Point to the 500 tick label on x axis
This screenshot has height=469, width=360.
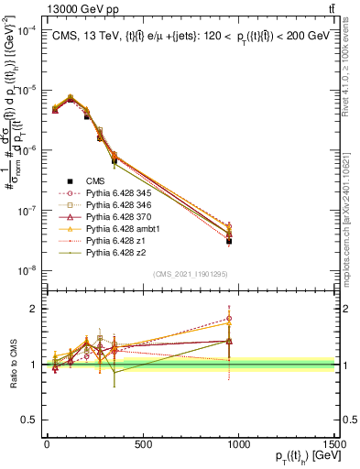pos(143,445)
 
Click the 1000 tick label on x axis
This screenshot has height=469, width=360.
pos(238,445)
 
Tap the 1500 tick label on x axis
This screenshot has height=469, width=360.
pos(334,445)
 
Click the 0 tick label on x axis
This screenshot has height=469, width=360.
pos(47,445)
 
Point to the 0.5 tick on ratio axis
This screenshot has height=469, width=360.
pos(34,419)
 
